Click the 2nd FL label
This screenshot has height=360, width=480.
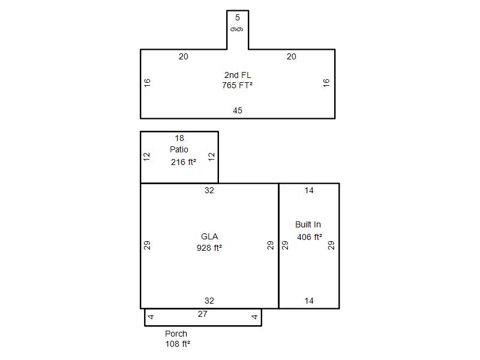click(238, 75)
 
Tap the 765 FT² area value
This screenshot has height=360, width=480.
click(237, 85)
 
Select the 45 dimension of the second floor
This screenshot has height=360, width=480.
click(238, 110)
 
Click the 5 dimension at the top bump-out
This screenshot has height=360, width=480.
click(238, 18)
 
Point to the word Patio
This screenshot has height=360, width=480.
click(179, 149)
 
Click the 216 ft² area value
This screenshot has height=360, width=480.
click(184, 162)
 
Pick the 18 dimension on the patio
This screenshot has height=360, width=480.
click(179, 139)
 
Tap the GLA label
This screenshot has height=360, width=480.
click(209, 236)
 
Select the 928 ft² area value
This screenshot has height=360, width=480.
click(209, 248)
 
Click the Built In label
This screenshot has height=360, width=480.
click(308, 224)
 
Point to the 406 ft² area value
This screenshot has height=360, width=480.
click(310, 237)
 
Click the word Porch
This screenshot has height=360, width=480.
click(176, 334)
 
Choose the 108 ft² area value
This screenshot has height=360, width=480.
click(178, 344)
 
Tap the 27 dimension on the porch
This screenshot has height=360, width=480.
click(203, 314)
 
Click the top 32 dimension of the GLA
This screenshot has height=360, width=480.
click(209, 190)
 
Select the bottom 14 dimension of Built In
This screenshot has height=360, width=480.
click(309, 301)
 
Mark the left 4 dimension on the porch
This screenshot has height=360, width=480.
click(151, 317)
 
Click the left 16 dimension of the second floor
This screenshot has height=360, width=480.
click(147, 83)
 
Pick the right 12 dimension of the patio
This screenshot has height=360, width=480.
click(212, 157)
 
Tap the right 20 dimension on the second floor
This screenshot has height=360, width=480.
click(292, 56)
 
